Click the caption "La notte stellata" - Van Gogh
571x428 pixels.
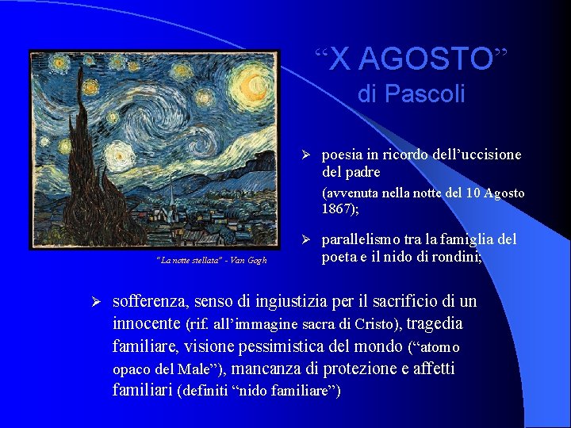(x=212, y=260)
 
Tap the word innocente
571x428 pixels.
(x=147, y=323)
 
